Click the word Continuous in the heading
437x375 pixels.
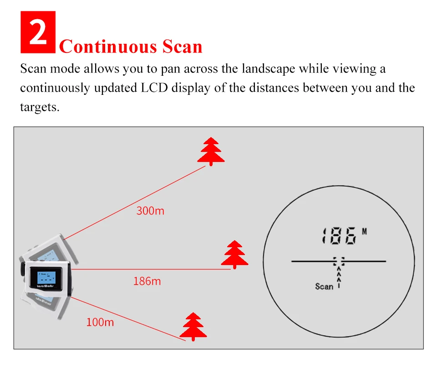click(x=108, y=47)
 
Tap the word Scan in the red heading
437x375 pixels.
click(x=182, y=47)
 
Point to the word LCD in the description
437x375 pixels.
click(x=154, y=88)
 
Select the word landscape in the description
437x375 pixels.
click(x=269, y=69)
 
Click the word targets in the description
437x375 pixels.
click(x=40, y=107)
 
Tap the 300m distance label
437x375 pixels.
click(x=150, y=211)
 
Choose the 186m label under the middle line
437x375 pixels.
click(x=147, y=281)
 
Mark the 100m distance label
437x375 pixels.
click(x=100, y=322)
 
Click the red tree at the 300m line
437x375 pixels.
click(x=211, y=151)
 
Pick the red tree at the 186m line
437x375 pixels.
click(x=235, y=255)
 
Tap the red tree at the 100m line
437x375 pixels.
click(x=193, y=327)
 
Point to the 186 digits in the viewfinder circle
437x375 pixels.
click(x=339, y=236)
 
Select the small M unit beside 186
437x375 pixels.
click(x=365, y=231)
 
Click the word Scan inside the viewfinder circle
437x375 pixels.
click(x=324, y=286)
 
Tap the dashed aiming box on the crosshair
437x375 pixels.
click(x=339, y=261)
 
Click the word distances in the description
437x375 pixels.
click(x=274, y=88)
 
